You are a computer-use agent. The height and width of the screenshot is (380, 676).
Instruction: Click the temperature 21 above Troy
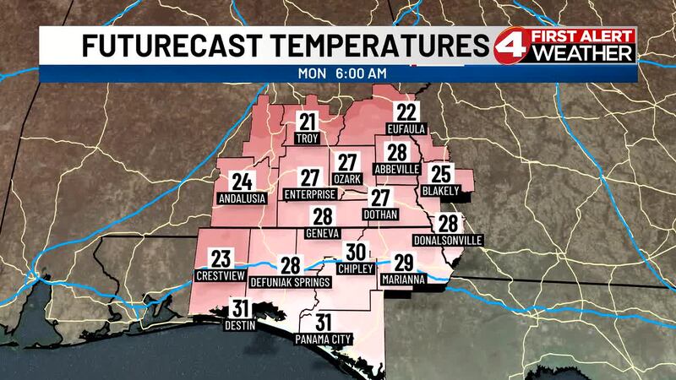(x=308, y=122)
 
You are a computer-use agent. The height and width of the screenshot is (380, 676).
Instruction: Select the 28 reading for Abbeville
(x=397, y=153)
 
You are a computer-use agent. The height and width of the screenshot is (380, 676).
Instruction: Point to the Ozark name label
(x=347, y=179)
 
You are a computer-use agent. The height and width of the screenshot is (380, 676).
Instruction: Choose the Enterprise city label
(x=309, y=194)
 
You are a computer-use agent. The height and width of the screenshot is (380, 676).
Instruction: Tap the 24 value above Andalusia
(x=243, y=182)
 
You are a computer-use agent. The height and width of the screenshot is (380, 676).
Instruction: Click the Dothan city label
(x=379, y=216)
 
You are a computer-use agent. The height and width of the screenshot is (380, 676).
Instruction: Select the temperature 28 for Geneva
(x=322, y=217)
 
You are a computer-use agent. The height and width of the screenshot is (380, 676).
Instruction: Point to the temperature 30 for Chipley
(x=356, y=252)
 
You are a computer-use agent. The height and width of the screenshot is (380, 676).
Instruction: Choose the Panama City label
(x=322, y=339)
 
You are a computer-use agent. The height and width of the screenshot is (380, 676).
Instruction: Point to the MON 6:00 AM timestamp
(x=342, y=73)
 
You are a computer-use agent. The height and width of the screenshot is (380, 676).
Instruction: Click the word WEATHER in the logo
(x=593, y=54)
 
